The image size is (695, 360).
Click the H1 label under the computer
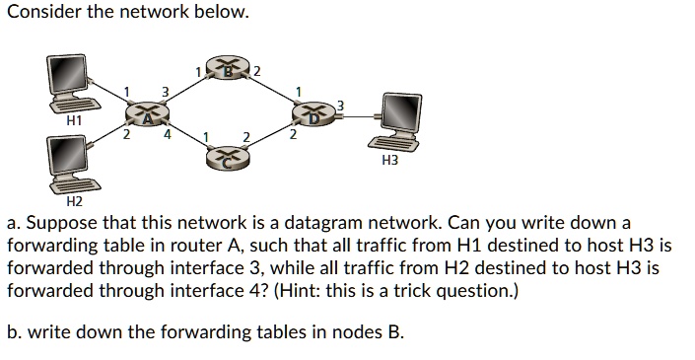73,118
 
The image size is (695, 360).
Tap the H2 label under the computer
73,201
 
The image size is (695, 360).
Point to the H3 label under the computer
389,160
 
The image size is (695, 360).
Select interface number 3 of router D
341,105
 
